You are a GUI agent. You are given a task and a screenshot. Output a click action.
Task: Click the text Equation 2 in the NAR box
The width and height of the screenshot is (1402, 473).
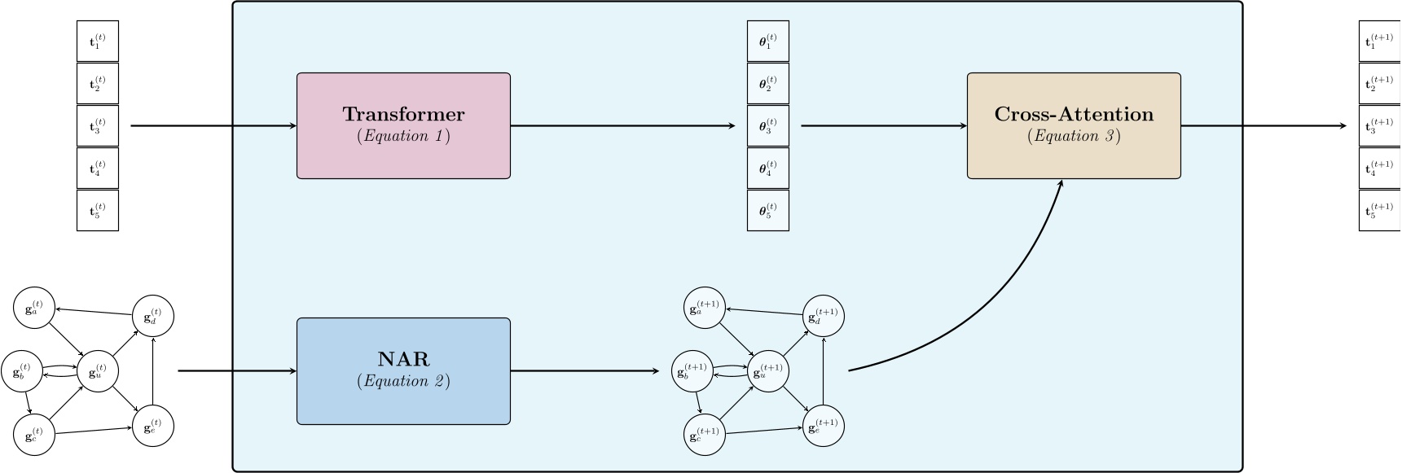403,381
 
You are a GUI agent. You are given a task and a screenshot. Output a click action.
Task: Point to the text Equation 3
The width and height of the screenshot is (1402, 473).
1074,136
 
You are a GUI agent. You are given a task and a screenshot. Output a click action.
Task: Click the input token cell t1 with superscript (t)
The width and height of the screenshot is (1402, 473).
98,41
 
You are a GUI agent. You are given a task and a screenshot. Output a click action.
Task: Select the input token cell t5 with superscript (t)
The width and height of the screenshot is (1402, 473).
98,210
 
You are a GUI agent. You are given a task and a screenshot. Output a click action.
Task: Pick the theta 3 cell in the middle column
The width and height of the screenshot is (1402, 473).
767,125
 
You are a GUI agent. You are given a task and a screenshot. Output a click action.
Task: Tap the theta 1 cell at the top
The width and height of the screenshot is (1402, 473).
767,41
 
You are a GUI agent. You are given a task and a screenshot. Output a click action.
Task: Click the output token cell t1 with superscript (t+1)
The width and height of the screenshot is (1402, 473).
1379,41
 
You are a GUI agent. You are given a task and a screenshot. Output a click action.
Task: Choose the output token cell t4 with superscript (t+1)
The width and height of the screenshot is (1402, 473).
1379,168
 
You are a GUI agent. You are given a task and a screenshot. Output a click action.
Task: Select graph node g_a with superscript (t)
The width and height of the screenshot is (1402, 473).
34,308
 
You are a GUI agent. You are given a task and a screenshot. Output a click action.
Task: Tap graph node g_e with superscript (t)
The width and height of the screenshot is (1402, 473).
154,426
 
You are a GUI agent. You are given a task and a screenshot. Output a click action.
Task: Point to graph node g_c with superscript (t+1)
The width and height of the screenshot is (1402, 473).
704,434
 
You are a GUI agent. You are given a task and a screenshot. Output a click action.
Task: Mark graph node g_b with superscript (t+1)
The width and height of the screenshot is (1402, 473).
691,371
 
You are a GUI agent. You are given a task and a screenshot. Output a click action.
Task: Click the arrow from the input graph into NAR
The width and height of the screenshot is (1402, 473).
236,371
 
